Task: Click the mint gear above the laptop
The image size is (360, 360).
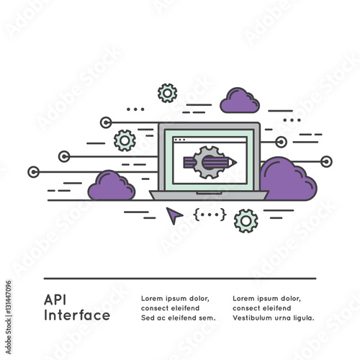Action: [168, 93]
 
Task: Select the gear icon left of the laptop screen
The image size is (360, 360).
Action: [125, 140]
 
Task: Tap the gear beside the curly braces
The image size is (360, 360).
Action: [246, 221]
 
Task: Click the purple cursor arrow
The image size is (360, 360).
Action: [174, 215]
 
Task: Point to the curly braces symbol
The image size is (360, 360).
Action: [210, 215]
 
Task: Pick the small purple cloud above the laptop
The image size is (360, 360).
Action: [240, 100]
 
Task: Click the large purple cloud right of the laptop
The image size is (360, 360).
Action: [288, 179]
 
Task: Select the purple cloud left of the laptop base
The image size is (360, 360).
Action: [112, 185]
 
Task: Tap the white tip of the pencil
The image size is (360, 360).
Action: [233, 163]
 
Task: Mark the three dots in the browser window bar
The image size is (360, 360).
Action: [179, 140]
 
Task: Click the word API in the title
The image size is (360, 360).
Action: [55, 300]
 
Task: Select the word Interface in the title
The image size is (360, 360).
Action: [77, 315]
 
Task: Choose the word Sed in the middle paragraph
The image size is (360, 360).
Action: [148, 318]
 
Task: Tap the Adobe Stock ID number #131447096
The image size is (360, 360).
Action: [9, 297]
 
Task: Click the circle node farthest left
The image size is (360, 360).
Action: [34, 172]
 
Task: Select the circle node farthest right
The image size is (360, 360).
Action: [326, 161]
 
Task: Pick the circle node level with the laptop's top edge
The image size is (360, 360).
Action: [106, 122]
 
